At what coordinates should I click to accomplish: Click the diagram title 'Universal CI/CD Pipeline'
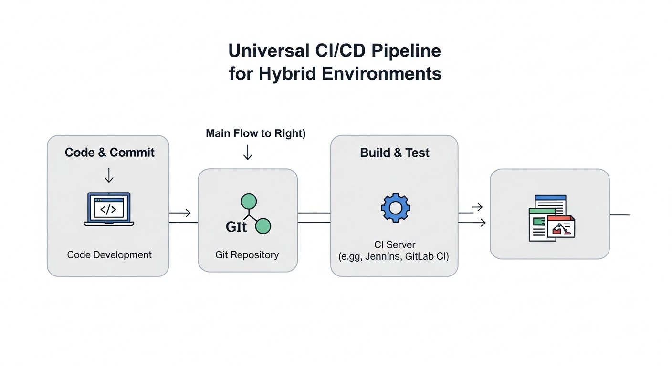coord(335,51)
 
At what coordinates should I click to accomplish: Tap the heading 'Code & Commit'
coord(109,152)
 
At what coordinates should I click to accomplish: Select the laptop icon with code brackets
coord(109,209)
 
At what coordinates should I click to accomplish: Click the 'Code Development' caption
coord(109,255)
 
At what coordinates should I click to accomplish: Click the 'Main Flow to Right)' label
coord(255,133)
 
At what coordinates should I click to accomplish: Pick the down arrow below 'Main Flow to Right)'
coord(247,152)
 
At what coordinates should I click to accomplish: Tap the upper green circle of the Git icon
coord(249,202)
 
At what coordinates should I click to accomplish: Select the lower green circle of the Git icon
coord(263,226)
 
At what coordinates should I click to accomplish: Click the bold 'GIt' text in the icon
coord(236,227)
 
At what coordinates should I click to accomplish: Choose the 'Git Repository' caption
coord(247,255)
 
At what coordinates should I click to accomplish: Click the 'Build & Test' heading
coord(394,153)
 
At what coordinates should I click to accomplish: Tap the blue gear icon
coord(395,207)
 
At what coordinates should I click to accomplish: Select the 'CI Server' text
coord(394,245)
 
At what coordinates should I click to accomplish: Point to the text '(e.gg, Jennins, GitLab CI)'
coord(394,257)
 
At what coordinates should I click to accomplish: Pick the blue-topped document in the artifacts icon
coord(551,202)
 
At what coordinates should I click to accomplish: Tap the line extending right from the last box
coord(620,215)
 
